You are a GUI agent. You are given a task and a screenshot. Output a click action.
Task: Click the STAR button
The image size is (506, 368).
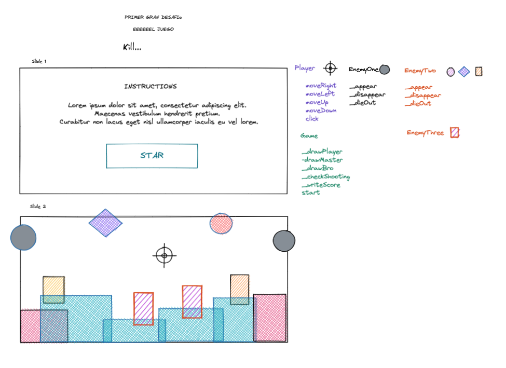click(152, 156)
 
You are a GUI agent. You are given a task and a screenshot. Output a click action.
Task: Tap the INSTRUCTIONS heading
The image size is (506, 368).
click(151, 87)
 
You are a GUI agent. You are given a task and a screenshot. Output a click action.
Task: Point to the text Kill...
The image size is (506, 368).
click(132, 47)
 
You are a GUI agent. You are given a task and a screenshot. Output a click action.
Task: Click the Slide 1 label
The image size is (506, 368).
click(39, 61)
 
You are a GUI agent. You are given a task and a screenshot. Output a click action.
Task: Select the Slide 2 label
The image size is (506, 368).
click(38, 207)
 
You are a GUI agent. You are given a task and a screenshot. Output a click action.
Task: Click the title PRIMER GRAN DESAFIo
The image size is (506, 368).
click(153, 17)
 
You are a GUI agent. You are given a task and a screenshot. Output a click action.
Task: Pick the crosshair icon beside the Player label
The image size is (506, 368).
click(330, 68)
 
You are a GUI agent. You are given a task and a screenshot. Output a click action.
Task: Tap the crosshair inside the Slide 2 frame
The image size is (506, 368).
click(165, 255)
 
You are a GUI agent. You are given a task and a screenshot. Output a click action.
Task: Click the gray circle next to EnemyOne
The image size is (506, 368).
click(384, 70)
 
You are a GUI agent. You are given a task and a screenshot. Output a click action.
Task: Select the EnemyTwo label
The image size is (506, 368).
click(420, 71)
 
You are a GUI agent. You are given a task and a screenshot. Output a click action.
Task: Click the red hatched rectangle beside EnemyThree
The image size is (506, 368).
click(455, 132)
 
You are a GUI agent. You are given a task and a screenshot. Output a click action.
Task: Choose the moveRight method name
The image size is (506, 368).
click(321, 86)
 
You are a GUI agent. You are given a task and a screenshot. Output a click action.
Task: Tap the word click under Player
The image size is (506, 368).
click(312, 119)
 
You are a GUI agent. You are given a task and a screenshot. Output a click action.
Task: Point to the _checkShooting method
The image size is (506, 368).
click(326, 176)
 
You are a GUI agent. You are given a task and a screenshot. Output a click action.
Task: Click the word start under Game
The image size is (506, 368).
click(311, 193)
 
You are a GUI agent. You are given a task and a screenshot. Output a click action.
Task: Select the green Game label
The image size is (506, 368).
click(309, 136)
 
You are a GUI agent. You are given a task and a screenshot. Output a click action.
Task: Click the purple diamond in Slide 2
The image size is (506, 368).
click(105, 223)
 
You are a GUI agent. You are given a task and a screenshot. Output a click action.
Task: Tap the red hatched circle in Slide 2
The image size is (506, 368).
click(221, 224)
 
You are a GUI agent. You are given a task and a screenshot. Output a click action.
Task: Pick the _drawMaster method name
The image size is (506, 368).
click(322, 160)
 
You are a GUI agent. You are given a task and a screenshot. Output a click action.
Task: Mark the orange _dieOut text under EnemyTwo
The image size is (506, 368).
click(418, 103)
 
